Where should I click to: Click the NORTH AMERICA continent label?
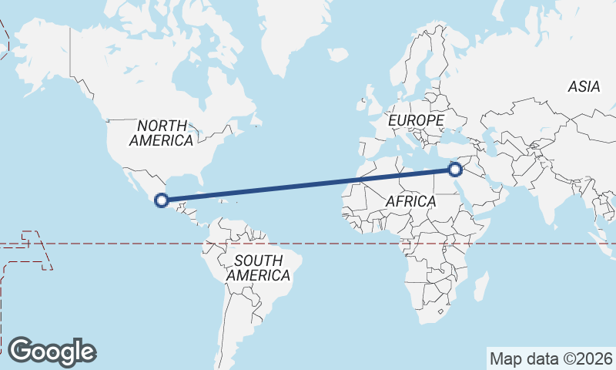point(162,133)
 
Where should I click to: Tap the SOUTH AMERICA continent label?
point(259,267)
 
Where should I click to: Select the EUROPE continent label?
point(416,121)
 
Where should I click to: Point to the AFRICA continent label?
point(410,201)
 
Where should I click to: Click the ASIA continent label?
point(584,87)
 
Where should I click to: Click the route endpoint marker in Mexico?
point(162,200)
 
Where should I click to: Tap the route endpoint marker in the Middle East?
point(455,169)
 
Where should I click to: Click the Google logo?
point(52,351)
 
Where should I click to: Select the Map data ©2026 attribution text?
point(551,358)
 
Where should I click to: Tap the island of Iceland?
point(337,55)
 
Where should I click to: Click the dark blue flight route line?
point(308,185)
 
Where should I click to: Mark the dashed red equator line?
point(346,244)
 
